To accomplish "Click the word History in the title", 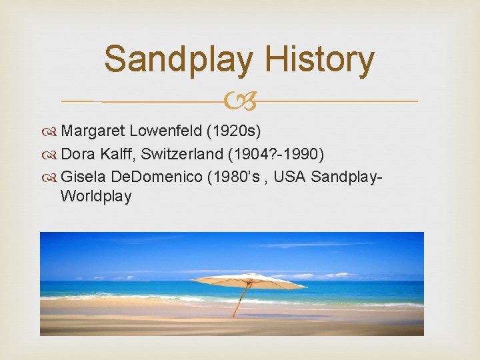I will click(319, 59).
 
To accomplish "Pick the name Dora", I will click(75, 155).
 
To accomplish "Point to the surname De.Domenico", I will click(155, 178).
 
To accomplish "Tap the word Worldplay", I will click(95, 196).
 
